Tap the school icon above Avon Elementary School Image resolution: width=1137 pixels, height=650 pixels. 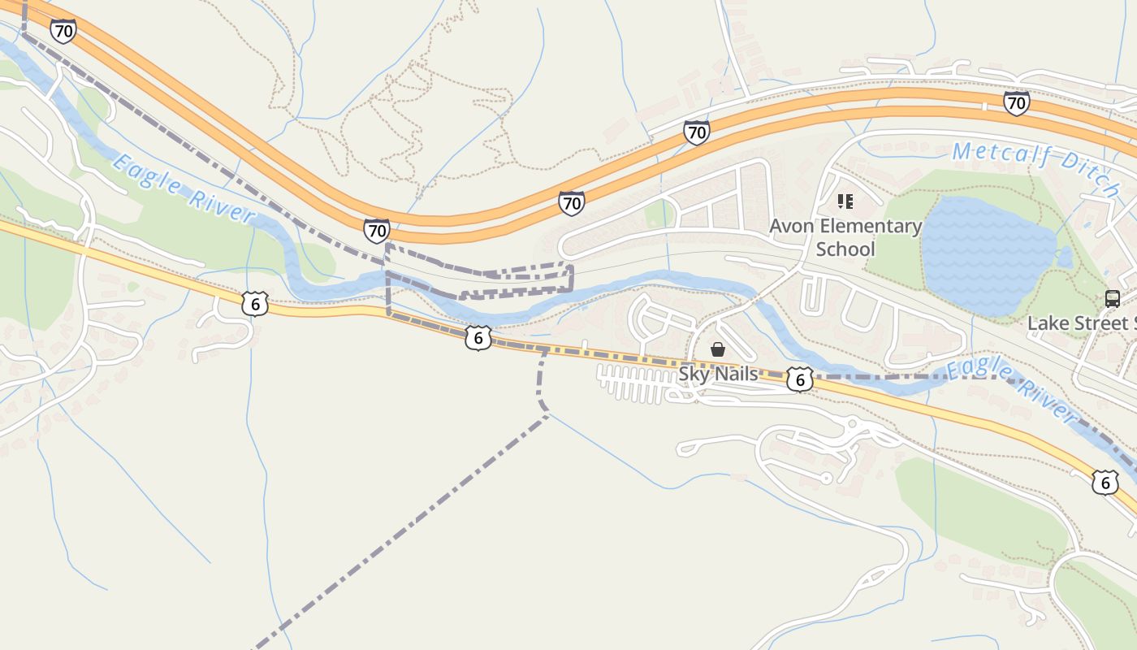coord(845,201)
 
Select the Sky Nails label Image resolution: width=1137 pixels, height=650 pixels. coord(718,374)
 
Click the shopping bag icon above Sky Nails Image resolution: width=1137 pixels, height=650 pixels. coord(718,349)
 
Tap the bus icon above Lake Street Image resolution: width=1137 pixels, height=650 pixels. coord(1112,298)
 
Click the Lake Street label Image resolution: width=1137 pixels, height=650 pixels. coord(1081,323)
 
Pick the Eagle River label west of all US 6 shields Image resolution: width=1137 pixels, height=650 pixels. coord(182,188)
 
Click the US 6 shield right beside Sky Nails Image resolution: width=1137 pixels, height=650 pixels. coord(800,379)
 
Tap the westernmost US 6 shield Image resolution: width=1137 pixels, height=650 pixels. coord(254,304)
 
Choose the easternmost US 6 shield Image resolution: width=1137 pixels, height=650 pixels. coord(1105,482)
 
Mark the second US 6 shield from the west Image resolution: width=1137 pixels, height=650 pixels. coord(478,338)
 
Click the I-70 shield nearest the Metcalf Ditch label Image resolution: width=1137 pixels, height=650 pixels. coord(1016,103)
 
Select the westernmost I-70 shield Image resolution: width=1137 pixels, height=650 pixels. coord(63,31)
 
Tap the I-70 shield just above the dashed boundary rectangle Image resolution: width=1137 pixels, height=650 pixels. coord(376,231)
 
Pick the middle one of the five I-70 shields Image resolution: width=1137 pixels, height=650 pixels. coord(571,203)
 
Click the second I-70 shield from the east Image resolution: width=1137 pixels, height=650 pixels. coord(696,132)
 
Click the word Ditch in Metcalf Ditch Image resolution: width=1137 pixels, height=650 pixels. coord(1089,182)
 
